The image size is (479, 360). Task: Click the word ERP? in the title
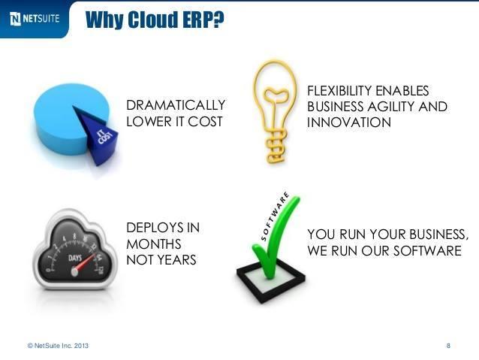[197, 20]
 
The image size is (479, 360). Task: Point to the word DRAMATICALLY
[175, 104]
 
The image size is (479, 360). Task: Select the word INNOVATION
[349, 122]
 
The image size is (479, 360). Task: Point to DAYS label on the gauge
[76, 257]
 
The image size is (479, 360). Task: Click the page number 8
[448, 346]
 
